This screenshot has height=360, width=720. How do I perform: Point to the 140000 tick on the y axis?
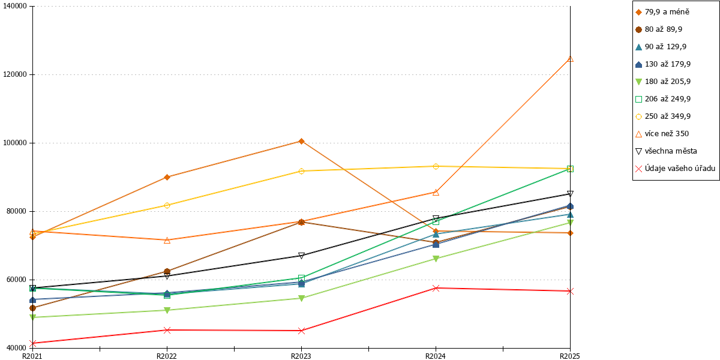[x=15, y=6]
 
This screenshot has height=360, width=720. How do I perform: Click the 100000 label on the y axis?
[x=15, y=143]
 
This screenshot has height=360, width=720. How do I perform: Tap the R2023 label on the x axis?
[x=301, y=356]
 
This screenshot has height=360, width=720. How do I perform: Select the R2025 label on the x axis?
[x=570, y=356]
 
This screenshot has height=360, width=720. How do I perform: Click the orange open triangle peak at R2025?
[x=570, y=59]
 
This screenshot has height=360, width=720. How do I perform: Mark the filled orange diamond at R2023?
[x=301, y=141]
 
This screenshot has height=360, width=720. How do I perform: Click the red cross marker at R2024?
[x=436, y=288]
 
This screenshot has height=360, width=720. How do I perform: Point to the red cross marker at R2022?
[x=167, y=330]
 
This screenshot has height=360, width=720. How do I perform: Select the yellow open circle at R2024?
[x=436, y=167]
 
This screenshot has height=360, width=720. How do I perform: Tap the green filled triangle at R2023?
[x=301, y=298]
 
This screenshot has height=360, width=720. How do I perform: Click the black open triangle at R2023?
[x=301, y=256]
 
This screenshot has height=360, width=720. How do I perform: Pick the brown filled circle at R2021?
[x=32, y=308]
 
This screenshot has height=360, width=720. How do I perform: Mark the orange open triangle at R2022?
[x=167, y=240]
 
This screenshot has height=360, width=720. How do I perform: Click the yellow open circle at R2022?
[x=167, y=205]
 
